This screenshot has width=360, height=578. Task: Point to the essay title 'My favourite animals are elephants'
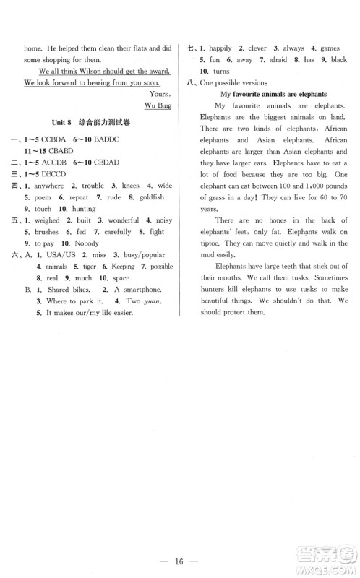273,94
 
